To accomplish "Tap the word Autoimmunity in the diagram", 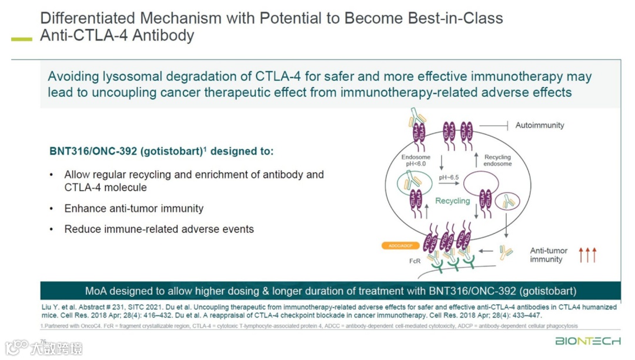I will pos(539,125).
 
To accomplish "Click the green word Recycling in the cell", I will pos(452,201).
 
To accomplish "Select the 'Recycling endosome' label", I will pos(497,161).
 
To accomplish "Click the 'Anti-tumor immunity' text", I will pos(546,255).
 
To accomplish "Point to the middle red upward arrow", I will pos(587,255).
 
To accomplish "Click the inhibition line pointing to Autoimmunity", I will pos(494,125).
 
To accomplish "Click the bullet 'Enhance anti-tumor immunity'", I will pos(134,208).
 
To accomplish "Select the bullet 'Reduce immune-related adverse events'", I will pos(159,229).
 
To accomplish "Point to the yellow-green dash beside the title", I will pos(22,39).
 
